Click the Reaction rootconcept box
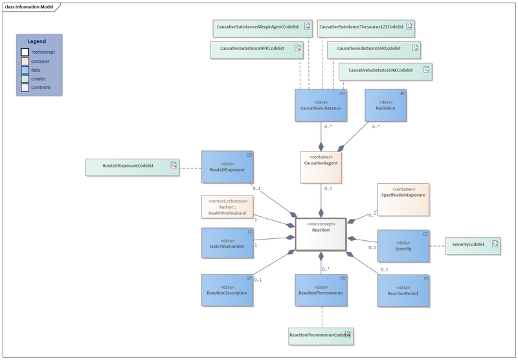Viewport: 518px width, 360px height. tap(321, 234)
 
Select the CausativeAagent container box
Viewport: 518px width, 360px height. tap(321, 167)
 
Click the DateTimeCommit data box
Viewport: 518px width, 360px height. tap(227, 243)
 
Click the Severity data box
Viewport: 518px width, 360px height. tap(403, 245)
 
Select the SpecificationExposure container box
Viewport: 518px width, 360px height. tap(403, 199)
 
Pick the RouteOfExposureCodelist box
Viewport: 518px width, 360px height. tap(132, 166)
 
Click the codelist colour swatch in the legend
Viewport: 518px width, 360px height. tap(25, 78)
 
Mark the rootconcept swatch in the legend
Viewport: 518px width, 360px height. tap(25, 52)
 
